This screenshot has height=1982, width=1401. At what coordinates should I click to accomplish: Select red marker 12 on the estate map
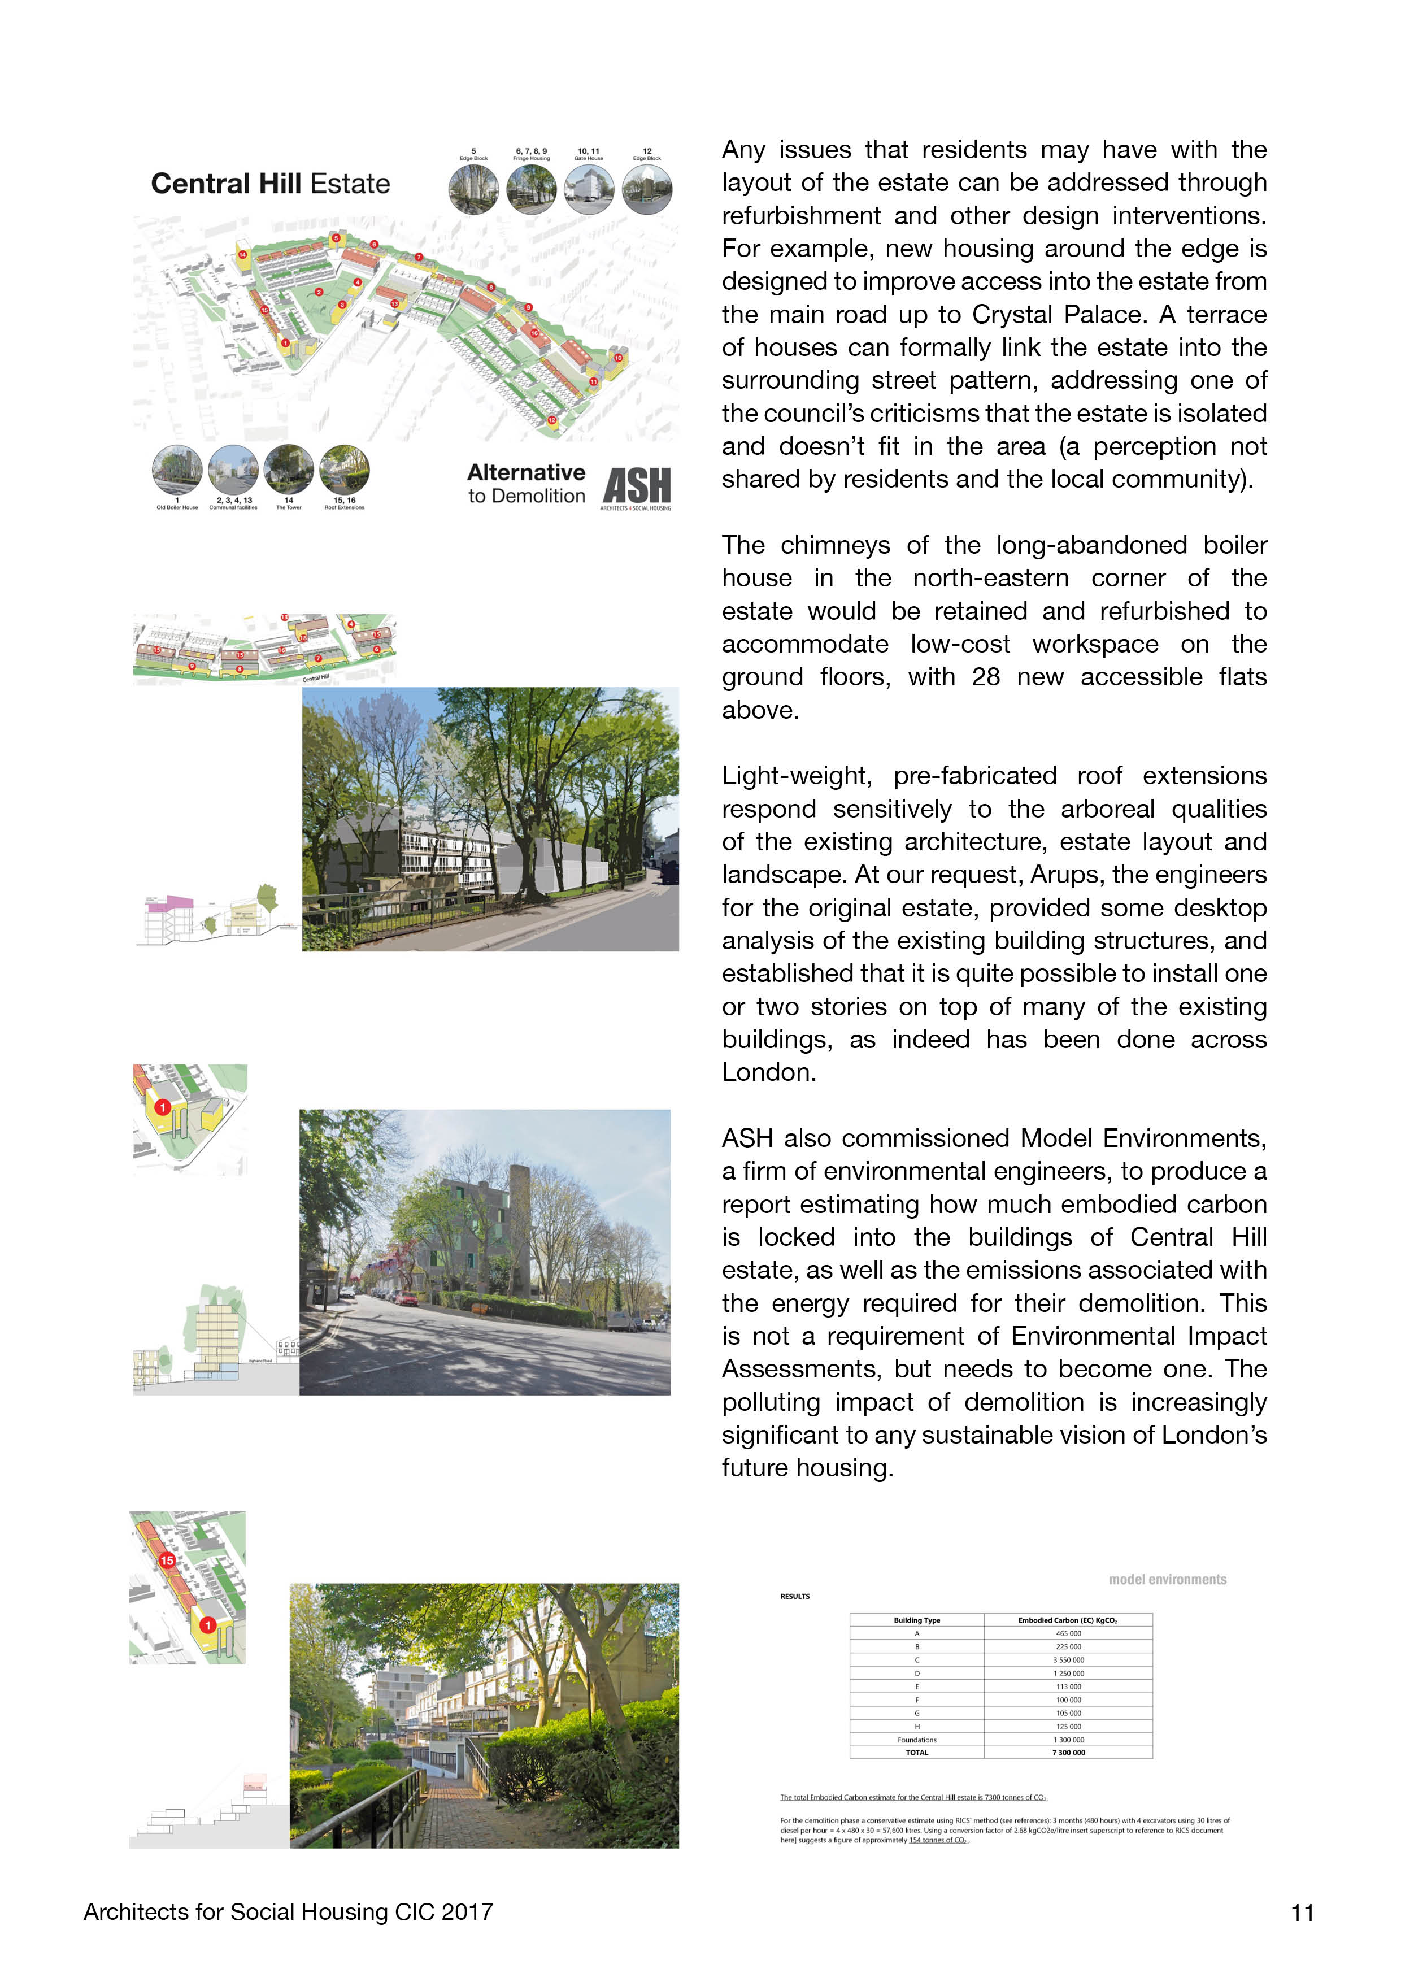(551, 420)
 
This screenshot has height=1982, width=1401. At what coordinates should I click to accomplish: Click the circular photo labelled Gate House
(589, 189)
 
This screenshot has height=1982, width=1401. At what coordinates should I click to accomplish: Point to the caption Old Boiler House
(177, 507)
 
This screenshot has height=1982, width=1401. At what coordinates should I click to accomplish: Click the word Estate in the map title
(350, 184)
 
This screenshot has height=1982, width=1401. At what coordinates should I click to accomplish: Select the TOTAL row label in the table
(917, 1753)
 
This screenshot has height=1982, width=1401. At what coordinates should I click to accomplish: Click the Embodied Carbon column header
(1068, 1620)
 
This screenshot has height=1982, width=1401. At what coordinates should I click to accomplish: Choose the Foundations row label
(917, 1740)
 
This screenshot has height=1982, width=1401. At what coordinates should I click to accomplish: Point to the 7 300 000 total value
(1068, 1753)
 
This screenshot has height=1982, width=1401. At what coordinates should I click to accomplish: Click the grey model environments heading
(1167, 1580)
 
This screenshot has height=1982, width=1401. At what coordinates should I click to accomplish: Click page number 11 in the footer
(1302, 1913)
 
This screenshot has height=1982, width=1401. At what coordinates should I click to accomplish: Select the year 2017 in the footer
(467, 1912)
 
